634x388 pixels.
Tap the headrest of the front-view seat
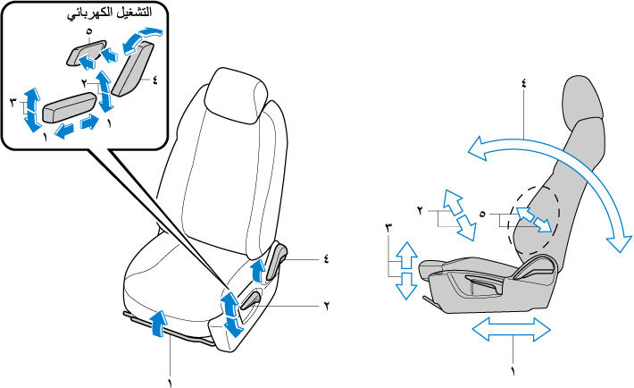236,97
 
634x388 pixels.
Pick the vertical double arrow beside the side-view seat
405,269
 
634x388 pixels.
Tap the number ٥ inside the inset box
89,33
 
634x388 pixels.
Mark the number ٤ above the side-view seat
523,82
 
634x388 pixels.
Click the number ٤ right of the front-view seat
326,258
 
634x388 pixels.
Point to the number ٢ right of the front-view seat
326,305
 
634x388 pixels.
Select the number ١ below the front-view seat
168,381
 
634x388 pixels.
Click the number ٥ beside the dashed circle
482,214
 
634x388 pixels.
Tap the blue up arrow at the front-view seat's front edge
157,322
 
